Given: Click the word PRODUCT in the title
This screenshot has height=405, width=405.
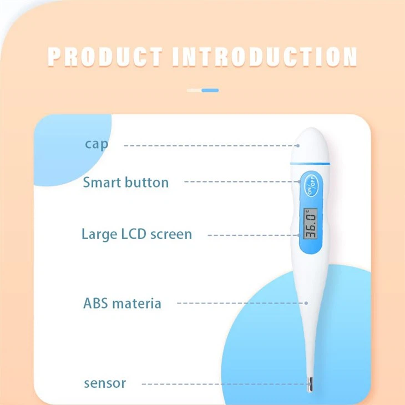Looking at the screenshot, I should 105,57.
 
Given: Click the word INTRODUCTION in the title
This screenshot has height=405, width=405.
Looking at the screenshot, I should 265,57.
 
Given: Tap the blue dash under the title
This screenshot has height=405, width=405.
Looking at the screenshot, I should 210,90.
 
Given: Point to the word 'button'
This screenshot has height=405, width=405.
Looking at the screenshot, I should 146,182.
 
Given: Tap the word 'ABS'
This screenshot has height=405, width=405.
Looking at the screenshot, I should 95,303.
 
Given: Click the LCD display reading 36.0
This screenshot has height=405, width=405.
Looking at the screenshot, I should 311,223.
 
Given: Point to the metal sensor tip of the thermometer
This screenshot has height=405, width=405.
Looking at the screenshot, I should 310,383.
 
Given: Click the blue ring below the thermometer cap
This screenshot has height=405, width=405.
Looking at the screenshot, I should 307,163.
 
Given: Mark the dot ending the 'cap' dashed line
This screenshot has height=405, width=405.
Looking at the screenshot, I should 298,145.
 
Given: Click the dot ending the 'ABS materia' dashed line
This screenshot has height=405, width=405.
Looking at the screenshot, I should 306,303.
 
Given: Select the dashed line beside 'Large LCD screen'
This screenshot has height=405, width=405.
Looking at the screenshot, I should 250,235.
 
